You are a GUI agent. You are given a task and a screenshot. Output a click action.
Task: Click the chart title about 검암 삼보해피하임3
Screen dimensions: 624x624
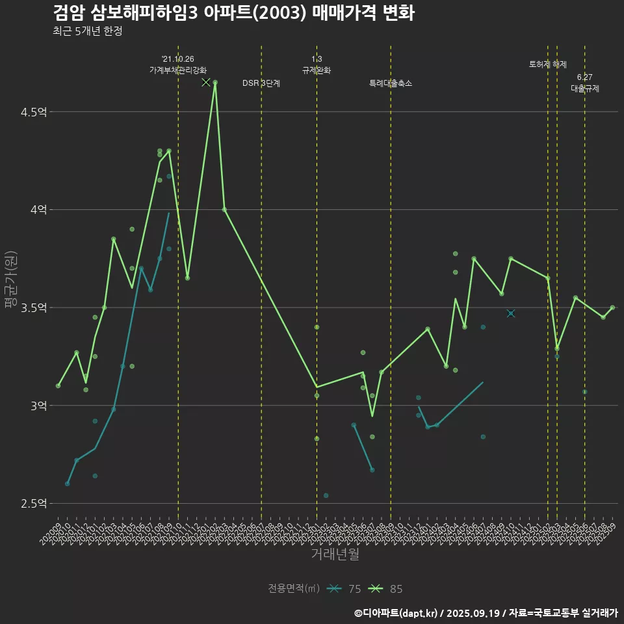233,13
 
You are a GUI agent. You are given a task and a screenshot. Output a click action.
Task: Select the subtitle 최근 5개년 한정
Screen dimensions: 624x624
87,31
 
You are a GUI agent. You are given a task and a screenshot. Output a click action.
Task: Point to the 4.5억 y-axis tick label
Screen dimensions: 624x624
34,112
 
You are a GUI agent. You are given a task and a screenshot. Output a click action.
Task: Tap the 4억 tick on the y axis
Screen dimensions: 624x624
38,210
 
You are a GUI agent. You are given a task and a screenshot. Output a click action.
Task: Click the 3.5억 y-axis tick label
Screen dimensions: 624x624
34,307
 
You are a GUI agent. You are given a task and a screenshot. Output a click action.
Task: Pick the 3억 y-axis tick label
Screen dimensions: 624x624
38,406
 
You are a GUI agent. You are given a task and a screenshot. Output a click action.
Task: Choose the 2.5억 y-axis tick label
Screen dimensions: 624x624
34,504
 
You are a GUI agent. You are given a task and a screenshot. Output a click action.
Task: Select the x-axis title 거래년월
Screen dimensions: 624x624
335,554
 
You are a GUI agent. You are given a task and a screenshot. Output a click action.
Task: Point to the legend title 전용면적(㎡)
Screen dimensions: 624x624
294,589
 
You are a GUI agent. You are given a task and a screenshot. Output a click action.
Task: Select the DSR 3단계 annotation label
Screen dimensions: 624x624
261,83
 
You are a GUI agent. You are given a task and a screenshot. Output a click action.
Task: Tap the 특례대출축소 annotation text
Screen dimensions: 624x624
391,83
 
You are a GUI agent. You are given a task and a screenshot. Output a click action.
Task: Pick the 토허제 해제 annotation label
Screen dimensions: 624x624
548,64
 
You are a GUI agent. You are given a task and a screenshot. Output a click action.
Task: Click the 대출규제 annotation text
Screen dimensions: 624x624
585,88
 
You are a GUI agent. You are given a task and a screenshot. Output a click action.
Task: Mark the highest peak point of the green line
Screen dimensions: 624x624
215,83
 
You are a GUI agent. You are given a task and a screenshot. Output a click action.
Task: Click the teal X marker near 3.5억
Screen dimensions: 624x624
511,313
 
